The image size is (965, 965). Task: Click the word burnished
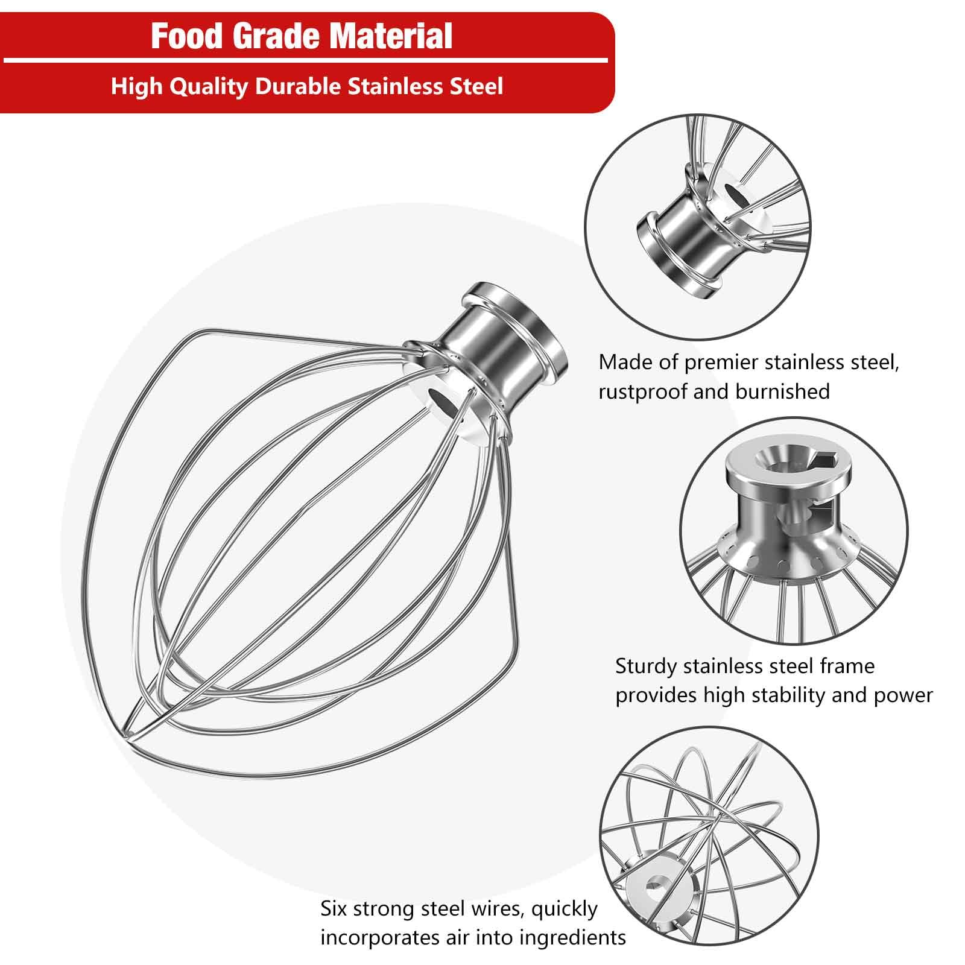pyautogui.click(x=782, y=392)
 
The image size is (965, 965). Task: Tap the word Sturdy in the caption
pyautogui.click(x=646, y=666)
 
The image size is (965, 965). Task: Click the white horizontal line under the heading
pyautogui.click(x=305, y=61)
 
